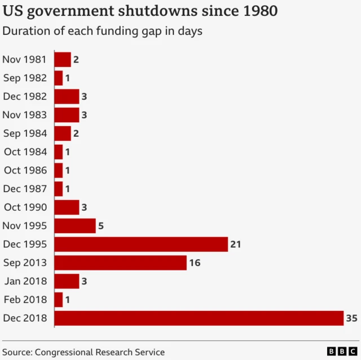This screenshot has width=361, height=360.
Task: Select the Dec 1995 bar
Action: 141,244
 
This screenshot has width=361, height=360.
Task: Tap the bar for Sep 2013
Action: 120,263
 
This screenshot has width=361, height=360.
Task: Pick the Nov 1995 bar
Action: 75,225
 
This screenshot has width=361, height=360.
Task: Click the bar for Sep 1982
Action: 58,78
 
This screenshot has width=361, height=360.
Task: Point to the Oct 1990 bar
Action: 67,207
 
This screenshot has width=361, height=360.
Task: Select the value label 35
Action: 351,318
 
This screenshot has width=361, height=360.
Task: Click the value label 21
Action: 236,244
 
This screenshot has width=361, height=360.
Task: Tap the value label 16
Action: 195,263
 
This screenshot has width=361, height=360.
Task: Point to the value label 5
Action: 101,226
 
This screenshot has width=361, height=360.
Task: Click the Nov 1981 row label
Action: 25,59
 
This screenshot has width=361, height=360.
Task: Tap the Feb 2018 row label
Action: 26,300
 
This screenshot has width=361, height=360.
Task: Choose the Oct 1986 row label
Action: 25,170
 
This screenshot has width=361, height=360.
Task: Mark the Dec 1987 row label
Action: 25,189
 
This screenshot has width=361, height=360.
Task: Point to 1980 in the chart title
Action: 258,11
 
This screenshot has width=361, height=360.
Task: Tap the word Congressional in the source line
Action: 67,352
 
